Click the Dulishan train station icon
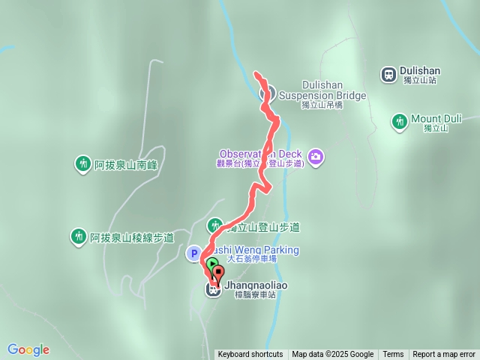tap(388, 74)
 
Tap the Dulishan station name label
tap(420, 71)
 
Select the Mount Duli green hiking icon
tap(400, 121)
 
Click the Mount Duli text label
tap(436, 118)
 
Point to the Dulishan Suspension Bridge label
tap(322, 95)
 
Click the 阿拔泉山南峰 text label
tap(129, 163)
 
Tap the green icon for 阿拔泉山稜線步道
tap(78, 237)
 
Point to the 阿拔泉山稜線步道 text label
tap(132, 238)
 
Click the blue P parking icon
tap(193, 253)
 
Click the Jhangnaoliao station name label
tap(256, 286)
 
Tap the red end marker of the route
tap(217, 272)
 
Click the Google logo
tap(28, 349)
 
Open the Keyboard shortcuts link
tap(250, 355)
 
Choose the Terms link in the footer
tap(393, 355)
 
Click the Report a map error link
tap(444, 355)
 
